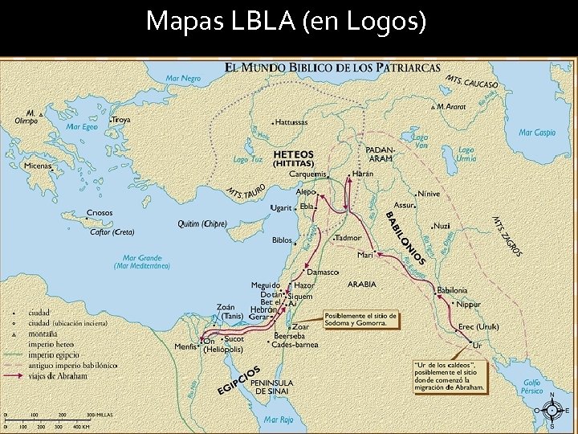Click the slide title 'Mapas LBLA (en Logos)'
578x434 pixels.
[x=286, y=21]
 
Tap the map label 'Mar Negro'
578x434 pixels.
[x=183, y=79]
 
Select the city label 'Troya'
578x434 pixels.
[x=121, y=120]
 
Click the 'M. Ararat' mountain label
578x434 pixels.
[x=451, y=106]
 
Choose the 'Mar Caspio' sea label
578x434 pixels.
[x=537, y=133]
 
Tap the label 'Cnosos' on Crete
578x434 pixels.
[x=100, y=213]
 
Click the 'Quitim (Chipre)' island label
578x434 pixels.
[x=201, y=223]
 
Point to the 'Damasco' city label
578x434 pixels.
[x=323, y=272]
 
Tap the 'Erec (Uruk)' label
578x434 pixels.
[x=478, y=327]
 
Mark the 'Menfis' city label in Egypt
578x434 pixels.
[x=185, y=346]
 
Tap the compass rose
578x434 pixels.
[x=552, y=410]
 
